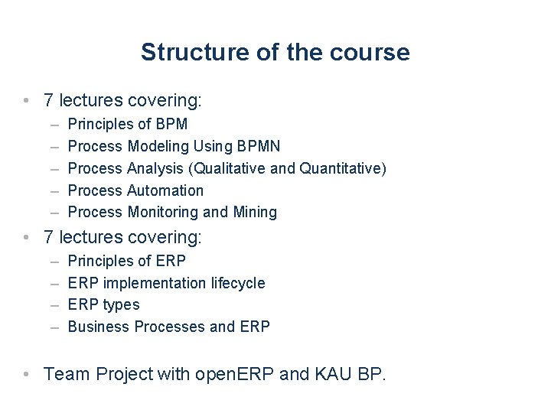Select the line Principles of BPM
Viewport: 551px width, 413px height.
(x=128, y=124)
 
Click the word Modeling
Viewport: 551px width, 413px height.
(x=158, y=146)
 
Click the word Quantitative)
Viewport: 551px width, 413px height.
(x=343, y=168)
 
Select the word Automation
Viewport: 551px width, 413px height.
(x=165, y=190)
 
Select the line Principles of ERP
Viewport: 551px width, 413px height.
(x=127, y=261)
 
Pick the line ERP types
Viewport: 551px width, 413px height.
(x=104, y=304)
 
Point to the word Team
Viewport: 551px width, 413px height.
(x=64, y=374)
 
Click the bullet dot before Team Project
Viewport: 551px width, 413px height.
(x=28, y=374)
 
